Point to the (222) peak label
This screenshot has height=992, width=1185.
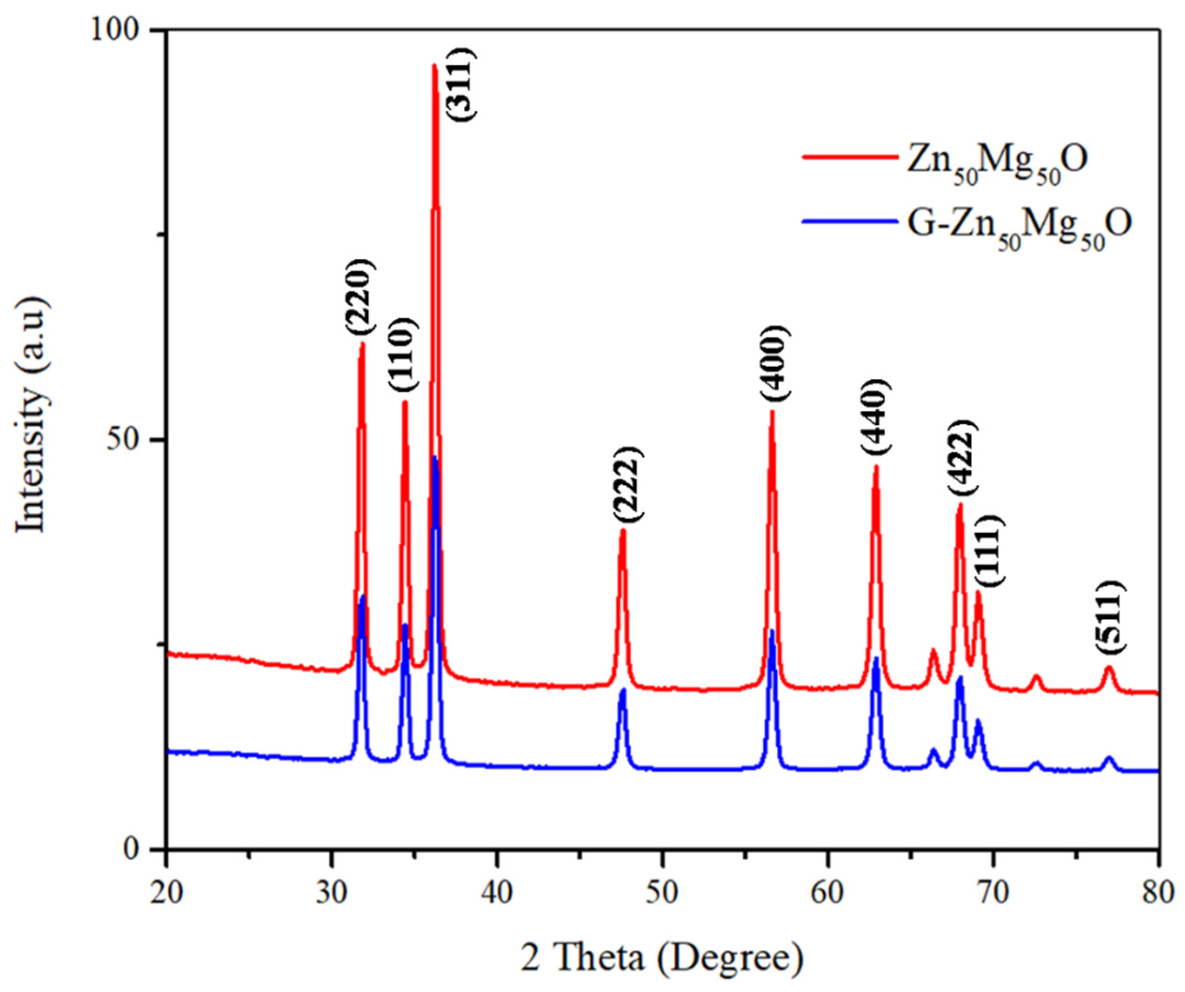627,484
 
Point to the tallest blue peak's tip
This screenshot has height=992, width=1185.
434,458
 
